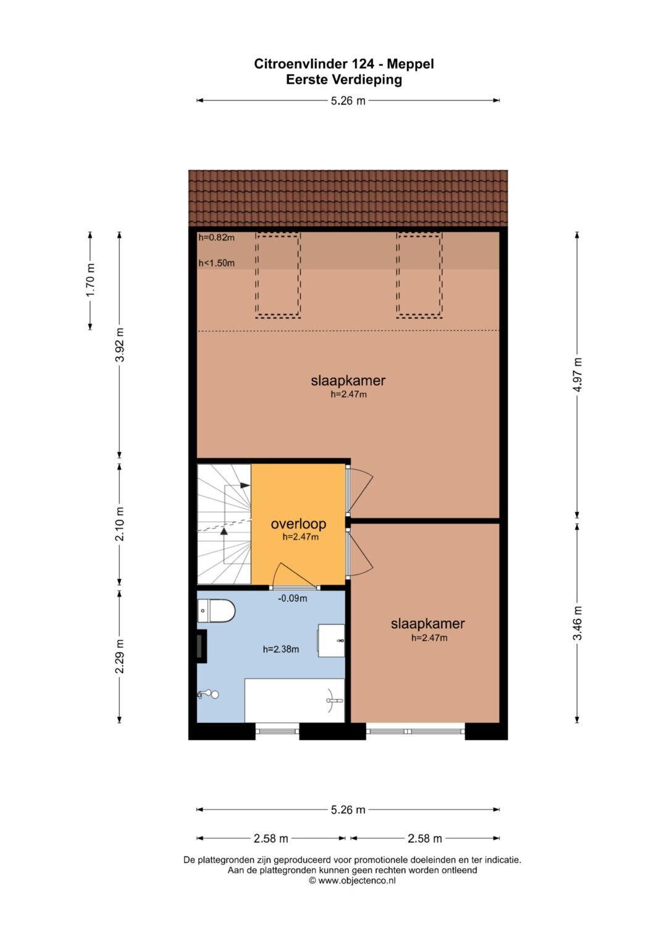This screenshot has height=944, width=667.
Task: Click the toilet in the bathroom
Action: [216, 610]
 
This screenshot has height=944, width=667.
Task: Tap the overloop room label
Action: [298, 524]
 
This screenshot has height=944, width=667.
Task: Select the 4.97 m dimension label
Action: [577, 375]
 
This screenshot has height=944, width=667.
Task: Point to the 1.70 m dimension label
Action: [90, 280]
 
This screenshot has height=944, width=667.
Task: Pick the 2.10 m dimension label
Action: [120, 524]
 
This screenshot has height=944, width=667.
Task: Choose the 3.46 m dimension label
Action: [577, 623]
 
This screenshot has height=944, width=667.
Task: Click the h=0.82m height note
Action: [216, 237]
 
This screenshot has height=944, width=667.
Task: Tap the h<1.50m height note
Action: [216, 263]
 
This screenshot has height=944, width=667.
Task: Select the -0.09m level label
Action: [293, 598]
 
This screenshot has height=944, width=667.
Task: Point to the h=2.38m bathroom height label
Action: [281, 649]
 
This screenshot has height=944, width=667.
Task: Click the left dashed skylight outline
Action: [278, 274]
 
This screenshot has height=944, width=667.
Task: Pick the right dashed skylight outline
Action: [419, 274]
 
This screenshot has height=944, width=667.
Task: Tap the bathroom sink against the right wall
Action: [331, 640]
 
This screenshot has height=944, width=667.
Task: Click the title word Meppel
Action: [411, 64]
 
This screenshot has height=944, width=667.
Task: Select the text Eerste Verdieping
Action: [344, 80]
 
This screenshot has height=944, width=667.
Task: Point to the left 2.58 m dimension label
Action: [271, 839]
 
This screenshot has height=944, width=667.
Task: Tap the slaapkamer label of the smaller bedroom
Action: [428, 623]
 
